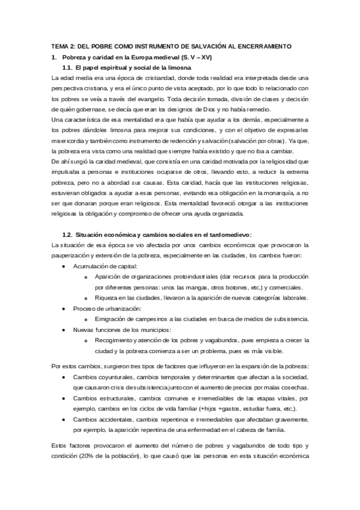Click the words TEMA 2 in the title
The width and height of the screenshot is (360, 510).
(x=61, y=46)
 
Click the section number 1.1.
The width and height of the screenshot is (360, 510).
(x=67, y=67)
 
